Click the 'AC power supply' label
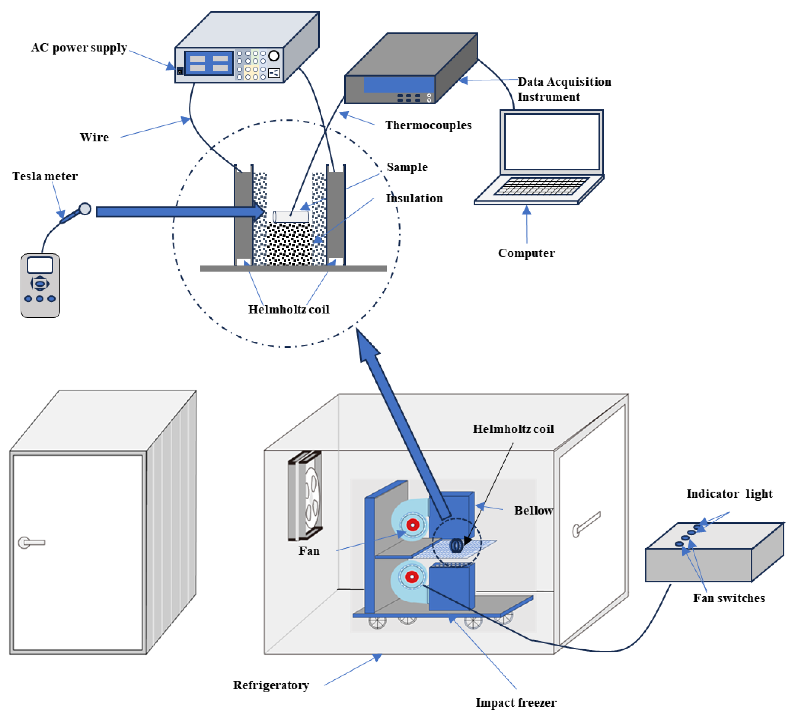coord(79,48)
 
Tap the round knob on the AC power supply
coord(274,56)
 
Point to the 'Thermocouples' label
coord(428,125)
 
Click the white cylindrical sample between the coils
coord(291,216)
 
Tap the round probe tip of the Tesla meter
coord(85,209)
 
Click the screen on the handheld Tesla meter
coord(40,265)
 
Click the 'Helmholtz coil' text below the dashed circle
coord(288,309)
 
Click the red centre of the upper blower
coord(413,525)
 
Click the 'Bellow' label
coord(533,510)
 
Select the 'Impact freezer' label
coord(516,702)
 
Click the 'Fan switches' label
coord(729,598)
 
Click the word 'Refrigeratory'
coord(271,685)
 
